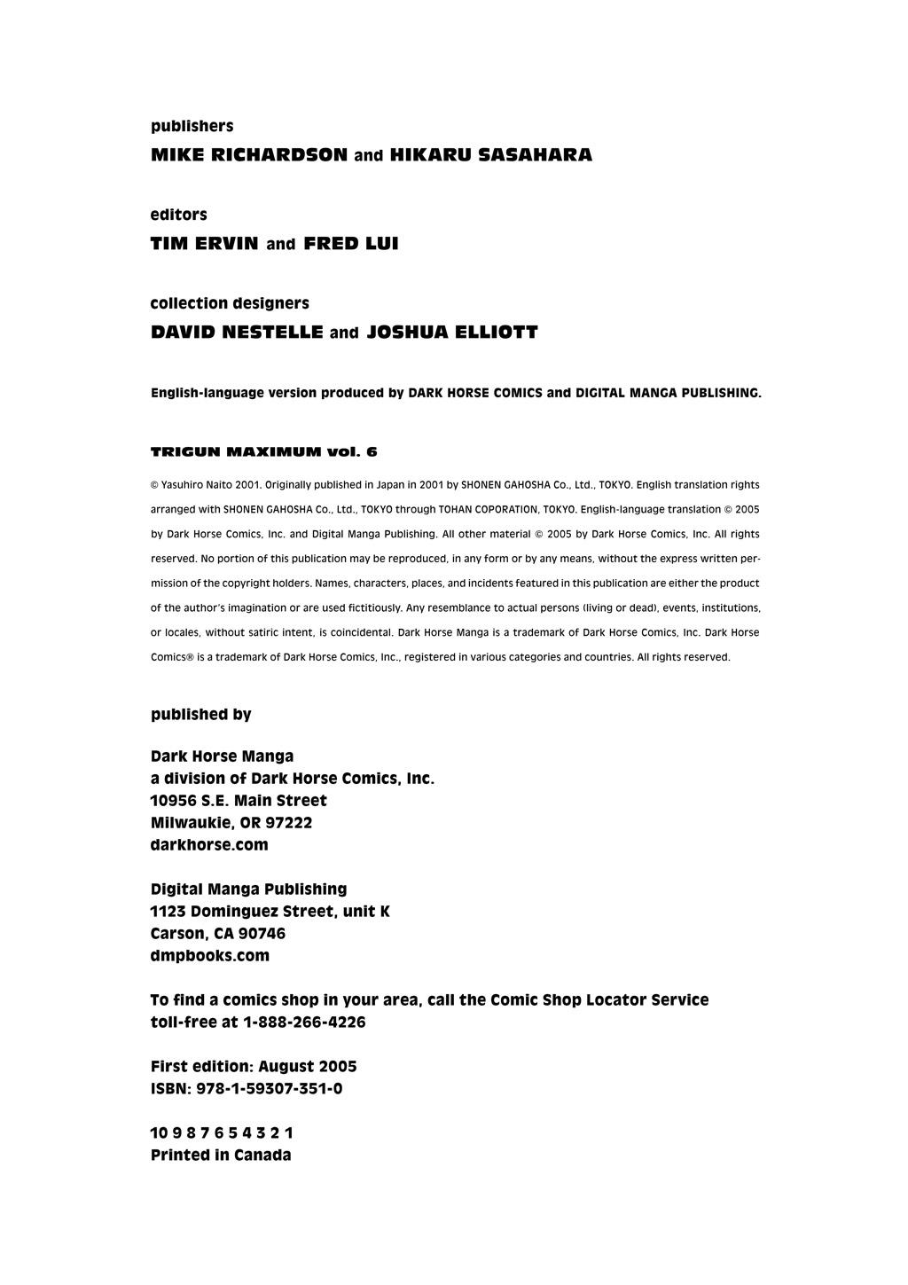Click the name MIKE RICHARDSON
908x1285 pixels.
point(249,155)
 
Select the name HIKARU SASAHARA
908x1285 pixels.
point(491,155)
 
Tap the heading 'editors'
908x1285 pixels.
point(179,215)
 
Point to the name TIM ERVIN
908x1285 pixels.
point(204,244)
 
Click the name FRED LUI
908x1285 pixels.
point(351,244)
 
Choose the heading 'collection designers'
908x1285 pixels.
point(230,303)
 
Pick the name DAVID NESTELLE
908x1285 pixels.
point(237,333)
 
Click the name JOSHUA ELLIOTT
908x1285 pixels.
point(452,333)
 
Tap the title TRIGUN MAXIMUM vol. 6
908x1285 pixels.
point(264,451)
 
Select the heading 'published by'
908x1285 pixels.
point(201,715)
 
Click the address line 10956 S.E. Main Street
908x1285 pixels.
point(239,801)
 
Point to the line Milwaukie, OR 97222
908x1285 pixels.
point(231,823)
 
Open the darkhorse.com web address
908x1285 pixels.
point(209,845)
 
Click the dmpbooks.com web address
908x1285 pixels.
point(210,956)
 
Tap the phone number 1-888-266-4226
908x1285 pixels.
point(304,1023)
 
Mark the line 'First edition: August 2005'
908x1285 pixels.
point(254,1067)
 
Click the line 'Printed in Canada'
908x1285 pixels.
point(221,1156)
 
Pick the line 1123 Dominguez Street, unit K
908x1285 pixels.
point(270,912)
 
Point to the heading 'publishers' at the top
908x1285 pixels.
point(192,126)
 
